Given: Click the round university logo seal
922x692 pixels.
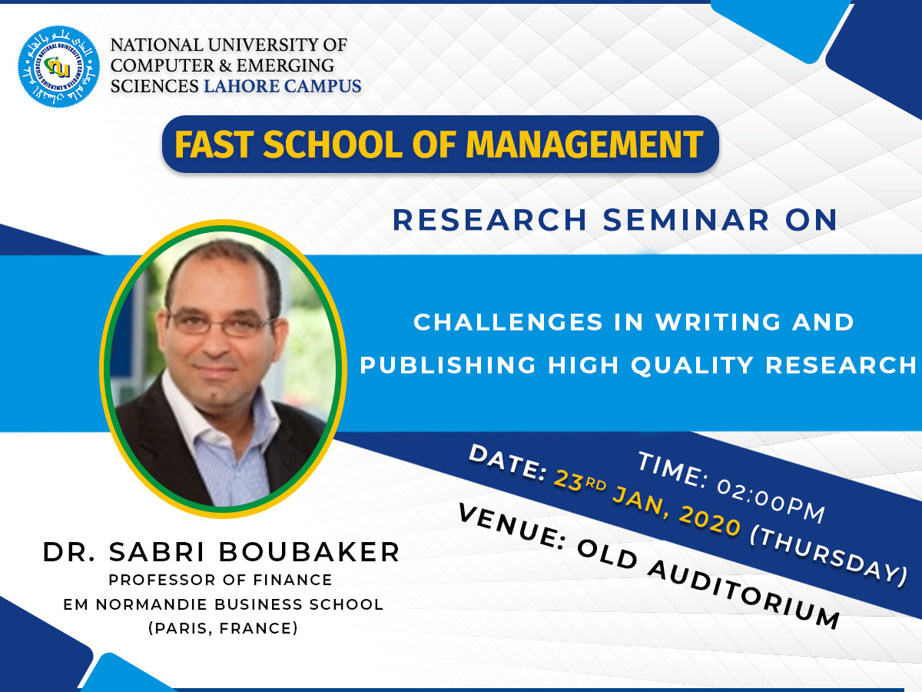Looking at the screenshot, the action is pyautogui.click(x=59, y=66).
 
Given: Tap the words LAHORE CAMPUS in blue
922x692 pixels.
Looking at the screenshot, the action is pyautogui.click(x=282, y=86).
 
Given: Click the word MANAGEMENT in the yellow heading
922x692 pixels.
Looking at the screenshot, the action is pyautogui.click(x=584, y=145).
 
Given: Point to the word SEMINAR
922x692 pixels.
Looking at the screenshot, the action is pyautogui.click(x=686, y=220).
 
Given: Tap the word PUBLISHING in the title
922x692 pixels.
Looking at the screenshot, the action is pyautogui.click(x=448, y=364).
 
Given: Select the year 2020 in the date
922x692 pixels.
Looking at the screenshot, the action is pyautogui.click(x=710, y=521).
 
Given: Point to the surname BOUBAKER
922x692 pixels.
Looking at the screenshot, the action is pyautogui.click(x=309, y=551).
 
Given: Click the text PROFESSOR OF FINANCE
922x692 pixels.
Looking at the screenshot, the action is pyautogui.click(x=221, y=580).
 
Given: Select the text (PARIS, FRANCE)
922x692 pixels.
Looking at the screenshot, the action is pyautogui.click(x=223, y=628).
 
